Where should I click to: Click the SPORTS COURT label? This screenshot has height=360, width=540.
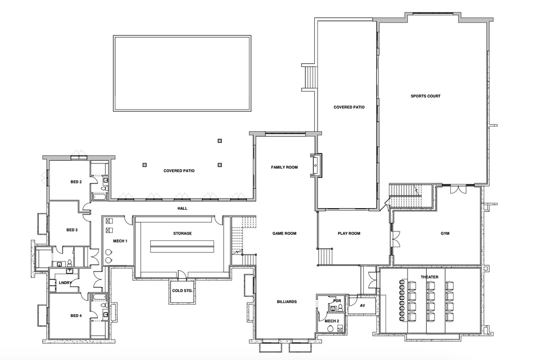pos(426,96)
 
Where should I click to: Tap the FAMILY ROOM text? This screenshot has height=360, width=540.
pos(284,167)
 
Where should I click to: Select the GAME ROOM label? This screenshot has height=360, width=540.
pos(284,233)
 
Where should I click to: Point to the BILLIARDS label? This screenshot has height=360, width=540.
pos(287,302)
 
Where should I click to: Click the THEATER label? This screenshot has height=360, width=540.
pos(429,277)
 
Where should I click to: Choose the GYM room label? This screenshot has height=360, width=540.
pos(445,233)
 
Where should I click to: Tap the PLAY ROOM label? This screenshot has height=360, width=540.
pos(349,233)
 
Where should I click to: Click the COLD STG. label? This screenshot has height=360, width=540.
pos(182,291)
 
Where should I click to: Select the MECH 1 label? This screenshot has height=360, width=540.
pos(120,241)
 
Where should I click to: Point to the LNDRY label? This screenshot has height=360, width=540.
pos(65,283)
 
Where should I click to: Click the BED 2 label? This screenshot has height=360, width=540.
pos(76,182)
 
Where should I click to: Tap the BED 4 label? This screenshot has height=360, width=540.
pos(76,316)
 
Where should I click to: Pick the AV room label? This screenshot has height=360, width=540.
pos(362,306)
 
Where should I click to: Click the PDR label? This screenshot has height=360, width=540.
pos(337,301)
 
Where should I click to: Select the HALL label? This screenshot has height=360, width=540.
pos(182,209)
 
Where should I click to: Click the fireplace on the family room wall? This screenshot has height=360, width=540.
pos(316,166)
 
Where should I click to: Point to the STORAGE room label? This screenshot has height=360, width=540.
pos(182,233)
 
